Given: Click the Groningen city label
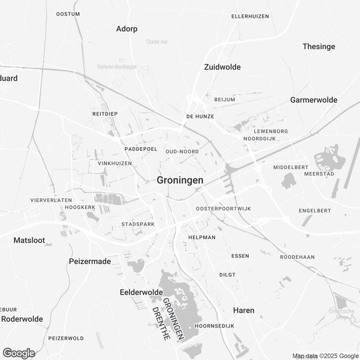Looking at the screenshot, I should click(x=180, y=180).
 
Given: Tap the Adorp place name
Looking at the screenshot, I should click(x=126, y=29).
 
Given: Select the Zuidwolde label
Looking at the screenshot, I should click(x=222, y=67).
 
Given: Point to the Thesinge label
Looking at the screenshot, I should click(x=319, y=47).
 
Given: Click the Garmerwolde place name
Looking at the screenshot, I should click(x=313, y=100).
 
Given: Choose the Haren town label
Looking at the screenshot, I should click(x=243, y=310).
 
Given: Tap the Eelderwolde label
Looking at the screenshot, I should click(x=141, y=293).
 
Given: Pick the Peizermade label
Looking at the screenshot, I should click(x=90, y=261).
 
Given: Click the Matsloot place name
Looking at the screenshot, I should click(x=29, y=240).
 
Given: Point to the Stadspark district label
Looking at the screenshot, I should click(x=138, y=224).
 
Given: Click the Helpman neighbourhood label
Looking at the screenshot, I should click(x=202, y=238).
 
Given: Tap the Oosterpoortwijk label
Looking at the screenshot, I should click(x=223, y=209).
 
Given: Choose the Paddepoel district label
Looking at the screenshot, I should click(x=141, y=149).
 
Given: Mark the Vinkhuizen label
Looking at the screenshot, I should click(x=115, y=163).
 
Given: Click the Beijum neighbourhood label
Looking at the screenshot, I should click(x=224, y=100).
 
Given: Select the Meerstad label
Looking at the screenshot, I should click(x=319, y=175).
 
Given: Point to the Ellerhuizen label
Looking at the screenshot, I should click(x=250, y=16).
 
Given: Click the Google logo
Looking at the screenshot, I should click(x=18, y=353).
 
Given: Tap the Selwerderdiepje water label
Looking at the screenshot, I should click(x=117, y=66).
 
